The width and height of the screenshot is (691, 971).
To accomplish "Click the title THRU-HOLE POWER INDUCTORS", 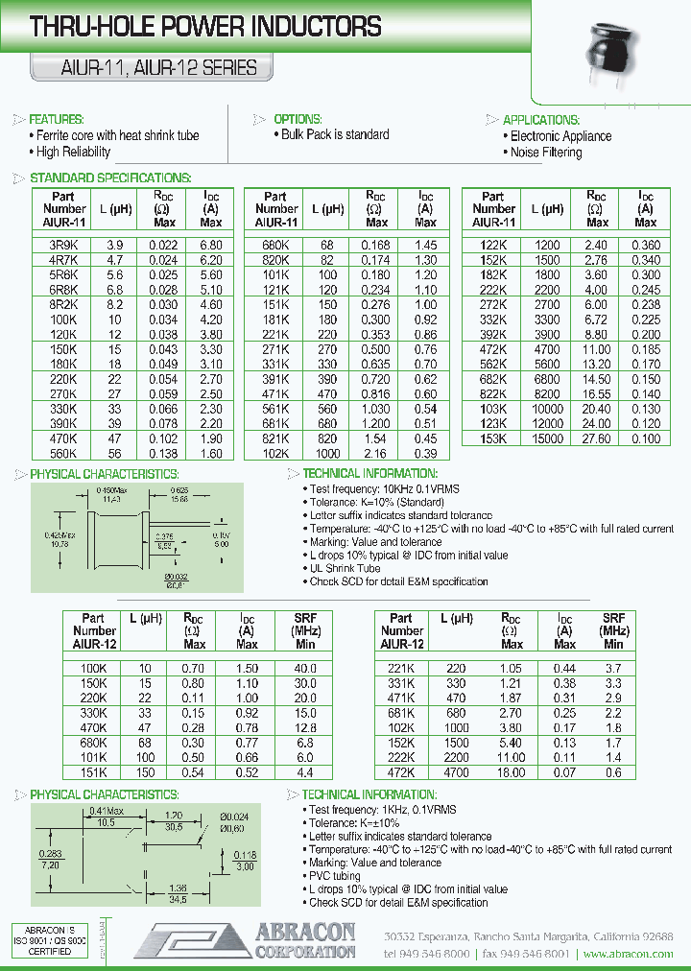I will click(206, 27).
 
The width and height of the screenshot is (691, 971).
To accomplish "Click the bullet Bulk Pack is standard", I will click(334, 135).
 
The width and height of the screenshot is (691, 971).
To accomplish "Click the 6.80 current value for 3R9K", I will click(210, 245).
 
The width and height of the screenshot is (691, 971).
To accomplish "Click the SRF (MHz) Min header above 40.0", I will click(304, 630).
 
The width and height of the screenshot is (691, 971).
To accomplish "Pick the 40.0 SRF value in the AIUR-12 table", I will click(304, 667).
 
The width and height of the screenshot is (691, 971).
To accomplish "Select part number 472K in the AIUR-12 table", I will click(402, 772).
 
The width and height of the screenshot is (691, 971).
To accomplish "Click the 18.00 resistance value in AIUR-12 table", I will click(512, 772).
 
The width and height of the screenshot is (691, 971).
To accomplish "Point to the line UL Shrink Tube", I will click(345, 568).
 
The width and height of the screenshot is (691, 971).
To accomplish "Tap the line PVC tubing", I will click(333, 876).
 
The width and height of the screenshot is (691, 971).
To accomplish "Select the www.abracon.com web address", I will click(628, 954).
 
